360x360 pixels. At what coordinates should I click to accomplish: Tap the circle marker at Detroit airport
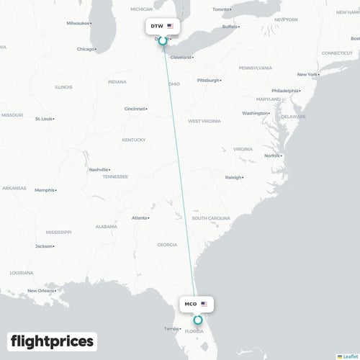click(162, 41)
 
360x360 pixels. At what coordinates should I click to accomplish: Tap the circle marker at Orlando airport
click(198, 319)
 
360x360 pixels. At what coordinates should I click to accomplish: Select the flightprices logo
click(52, 341)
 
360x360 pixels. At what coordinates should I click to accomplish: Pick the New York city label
click(307, 74)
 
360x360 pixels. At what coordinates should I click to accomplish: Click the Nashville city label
click(99, 169)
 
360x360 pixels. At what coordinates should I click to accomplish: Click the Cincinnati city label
click(135, 109)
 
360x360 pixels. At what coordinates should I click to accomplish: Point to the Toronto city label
click(222, 9)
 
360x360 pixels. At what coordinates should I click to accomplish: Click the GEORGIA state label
click(167, 245)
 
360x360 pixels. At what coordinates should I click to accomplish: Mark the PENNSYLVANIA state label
click(256, 68)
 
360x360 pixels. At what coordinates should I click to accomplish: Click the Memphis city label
click(45, 190)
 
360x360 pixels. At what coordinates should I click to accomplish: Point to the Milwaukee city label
click(78, 23)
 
